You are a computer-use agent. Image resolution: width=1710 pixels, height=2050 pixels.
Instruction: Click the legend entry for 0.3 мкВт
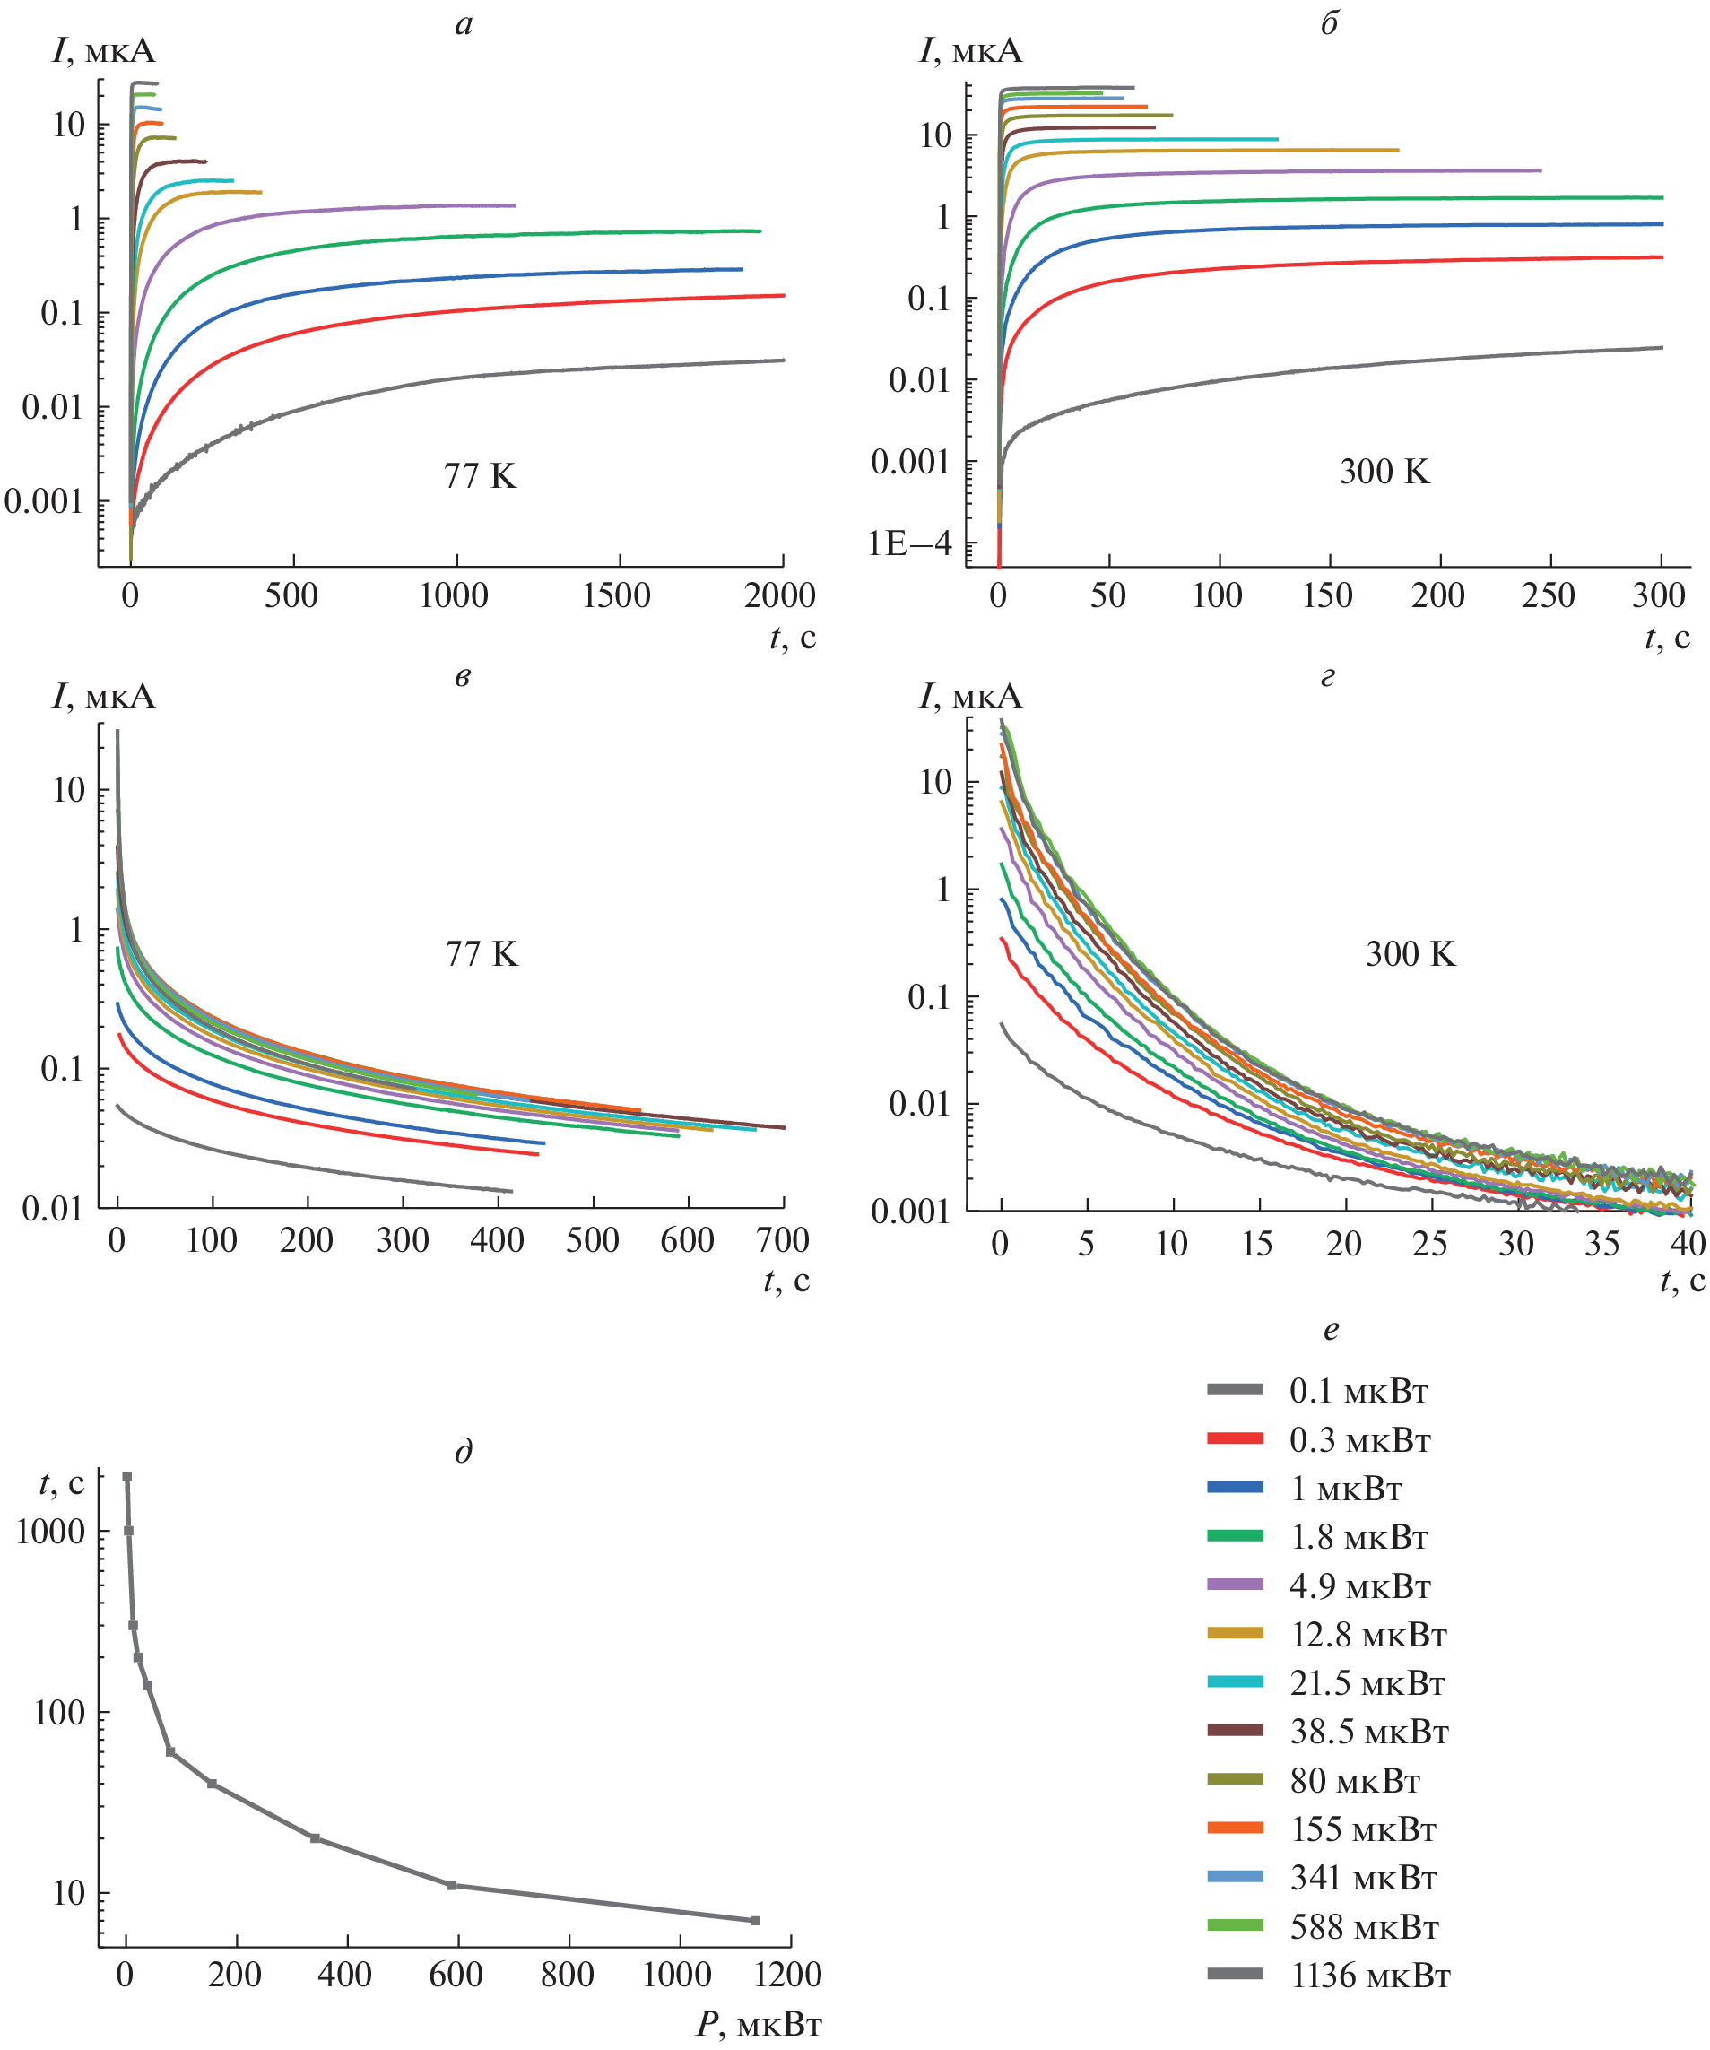coord(1358,1441)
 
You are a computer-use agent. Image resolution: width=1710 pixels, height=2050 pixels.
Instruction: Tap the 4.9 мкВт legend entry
coord(1358,1586)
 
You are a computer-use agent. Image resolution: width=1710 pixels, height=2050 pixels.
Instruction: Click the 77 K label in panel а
coord(479,476)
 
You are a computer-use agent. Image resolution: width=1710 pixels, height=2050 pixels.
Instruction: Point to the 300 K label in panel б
coord(1384,472)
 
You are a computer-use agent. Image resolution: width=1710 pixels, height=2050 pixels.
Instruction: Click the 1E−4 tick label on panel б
coord(908,543)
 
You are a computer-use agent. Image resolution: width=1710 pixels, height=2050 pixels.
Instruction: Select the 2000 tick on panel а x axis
coord(779,595)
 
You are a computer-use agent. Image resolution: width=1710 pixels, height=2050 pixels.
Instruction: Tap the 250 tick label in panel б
coord(1548,595)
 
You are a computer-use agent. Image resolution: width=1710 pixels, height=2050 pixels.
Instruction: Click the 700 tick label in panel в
coord(782,1241)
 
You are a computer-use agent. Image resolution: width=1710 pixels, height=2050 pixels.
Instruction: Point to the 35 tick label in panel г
coord(1601,1244)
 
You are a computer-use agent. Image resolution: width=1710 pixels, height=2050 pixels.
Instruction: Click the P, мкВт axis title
coord(759,2026)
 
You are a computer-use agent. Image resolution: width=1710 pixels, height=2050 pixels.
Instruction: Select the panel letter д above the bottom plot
coord(464,1452)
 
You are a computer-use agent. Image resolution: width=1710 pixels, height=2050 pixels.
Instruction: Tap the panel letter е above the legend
coord(1331,1330)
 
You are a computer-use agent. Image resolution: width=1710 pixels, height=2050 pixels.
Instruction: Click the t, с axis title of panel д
coord(62,1484)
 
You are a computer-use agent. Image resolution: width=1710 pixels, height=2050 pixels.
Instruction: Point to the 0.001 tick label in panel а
coord(44,502)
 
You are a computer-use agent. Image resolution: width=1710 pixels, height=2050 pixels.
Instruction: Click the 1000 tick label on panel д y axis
coord(51,1532)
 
